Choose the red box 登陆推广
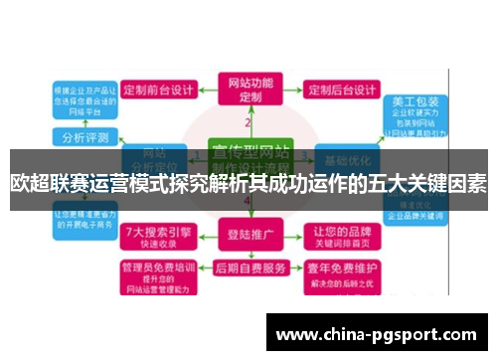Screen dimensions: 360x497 [x=248, y=237]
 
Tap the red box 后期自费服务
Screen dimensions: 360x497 [x=248, y=270]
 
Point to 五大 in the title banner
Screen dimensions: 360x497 [x=372, y=182]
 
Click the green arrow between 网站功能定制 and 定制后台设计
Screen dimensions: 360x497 [x=295, y=90]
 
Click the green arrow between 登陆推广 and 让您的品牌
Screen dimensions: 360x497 [x=295, y=237]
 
